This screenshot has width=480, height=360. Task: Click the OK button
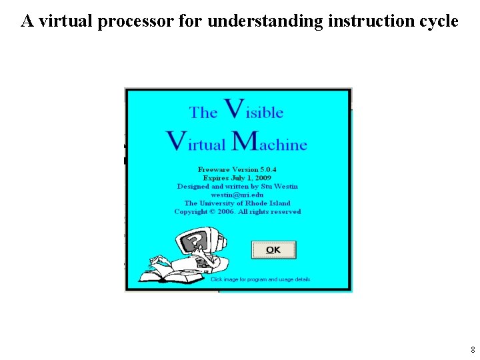coord(273,250)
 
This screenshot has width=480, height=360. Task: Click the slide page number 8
coord(473,349)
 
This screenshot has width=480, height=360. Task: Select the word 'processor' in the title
coord(136,21)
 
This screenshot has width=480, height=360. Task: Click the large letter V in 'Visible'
coord(233,109)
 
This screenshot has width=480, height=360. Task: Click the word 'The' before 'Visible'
coord(203,112)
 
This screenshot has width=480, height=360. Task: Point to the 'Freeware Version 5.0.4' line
coord(237,170)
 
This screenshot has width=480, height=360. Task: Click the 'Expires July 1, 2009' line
coord(237,178)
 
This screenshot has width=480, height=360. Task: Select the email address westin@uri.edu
coord(237,195)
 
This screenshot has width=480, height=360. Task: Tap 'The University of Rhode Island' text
coord(237,203)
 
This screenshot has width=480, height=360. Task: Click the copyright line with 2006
coord(237,212)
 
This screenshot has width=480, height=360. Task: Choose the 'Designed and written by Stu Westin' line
coord(237,187)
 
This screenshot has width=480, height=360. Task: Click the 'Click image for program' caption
coord(260,279)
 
